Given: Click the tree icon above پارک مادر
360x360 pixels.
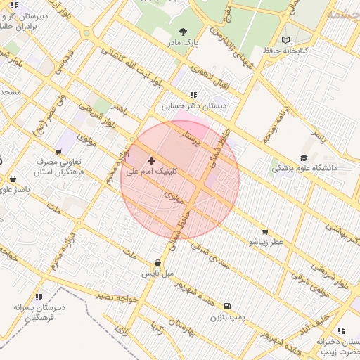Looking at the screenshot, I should point(184,32).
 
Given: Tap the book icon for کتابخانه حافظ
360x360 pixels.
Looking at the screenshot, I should point(285,40).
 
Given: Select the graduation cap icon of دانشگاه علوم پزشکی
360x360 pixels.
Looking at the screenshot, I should point(304,158).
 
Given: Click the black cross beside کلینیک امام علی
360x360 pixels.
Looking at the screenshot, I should point(152,160).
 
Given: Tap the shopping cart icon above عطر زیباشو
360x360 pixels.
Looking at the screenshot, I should point(265,231).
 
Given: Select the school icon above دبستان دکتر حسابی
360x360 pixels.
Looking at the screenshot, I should point(193,95).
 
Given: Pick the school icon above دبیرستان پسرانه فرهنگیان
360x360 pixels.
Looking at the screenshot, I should point(39,297).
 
